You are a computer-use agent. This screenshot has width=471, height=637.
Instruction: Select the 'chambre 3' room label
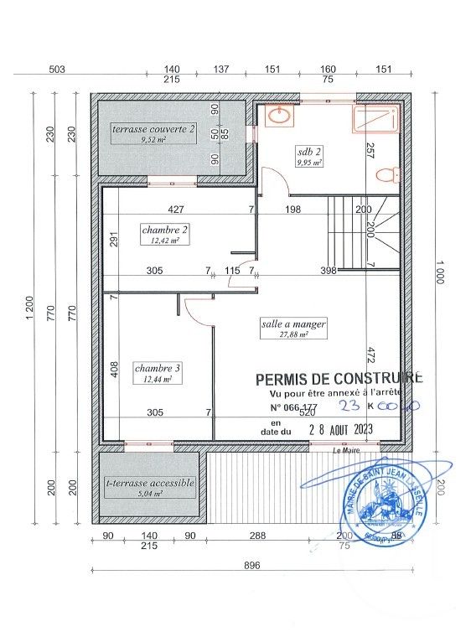click(x=158, y=367)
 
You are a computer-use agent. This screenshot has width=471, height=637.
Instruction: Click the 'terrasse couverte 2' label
click(x=155, y=129)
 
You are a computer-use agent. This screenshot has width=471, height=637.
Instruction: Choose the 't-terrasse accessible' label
click(x=150, y=483)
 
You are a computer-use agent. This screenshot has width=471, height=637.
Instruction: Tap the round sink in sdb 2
click(x=280, y=117)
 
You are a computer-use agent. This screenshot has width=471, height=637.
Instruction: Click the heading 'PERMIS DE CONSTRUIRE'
click(x=339, y=379)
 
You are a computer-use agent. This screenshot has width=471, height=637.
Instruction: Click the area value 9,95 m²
click(x=309, y=163)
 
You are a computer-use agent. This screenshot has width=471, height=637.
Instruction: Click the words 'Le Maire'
click(x=345, y=452)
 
